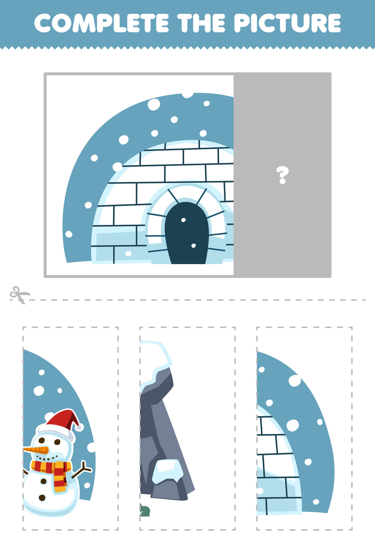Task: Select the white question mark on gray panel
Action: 282,175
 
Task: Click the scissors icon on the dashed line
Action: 19,294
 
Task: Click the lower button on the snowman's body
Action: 42,498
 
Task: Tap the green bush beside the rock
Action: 145,511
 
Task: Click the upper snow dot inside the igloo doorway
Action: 183,220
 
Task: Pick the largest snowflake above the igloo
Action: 154,105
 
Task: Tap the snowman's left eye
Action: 42,440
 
